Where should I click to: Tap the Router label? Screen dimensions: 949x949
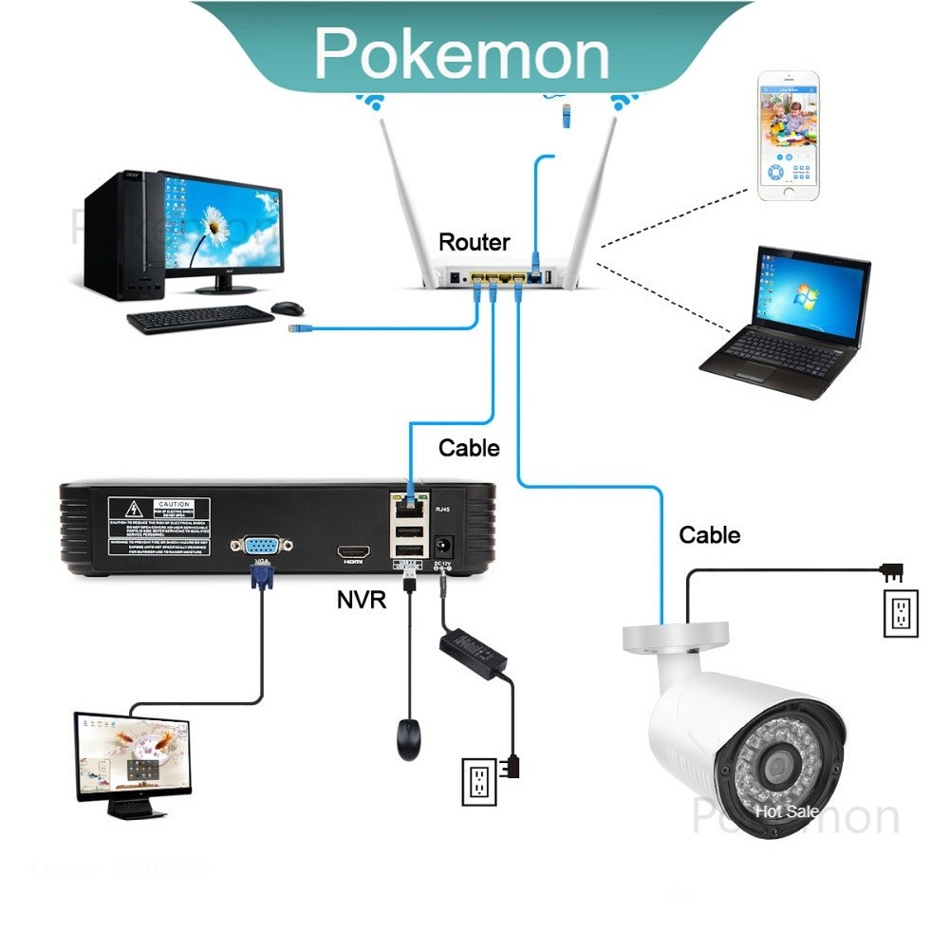[474, 242]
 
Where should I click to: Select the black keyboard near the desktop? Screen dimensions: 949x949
[199, 319]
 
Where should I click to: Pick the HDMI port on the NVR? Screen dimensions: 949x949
[355, 552]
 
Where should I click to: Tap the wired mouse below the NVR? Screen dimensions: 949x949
[409, 738]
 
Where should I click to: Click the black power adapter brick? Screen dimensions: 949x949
[472, 656]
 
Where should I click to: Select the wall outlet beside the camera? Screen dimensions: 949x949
[901, 614]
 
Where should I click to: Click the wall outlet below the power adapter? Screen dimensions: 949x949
[479, 781]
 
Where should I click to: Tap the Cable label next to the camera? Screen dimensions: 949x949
[710, 535]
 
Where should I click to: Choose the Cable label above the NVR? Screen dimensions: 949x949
[469, 447]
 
